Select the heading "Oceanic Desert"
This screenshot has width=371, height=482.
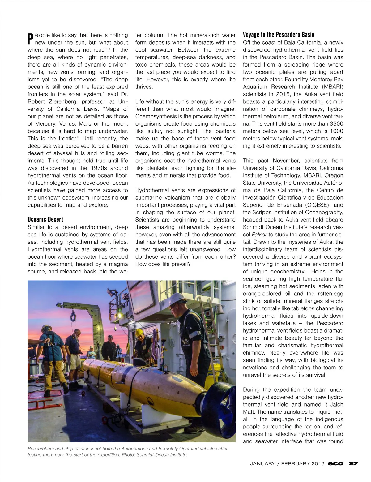coord(45,219)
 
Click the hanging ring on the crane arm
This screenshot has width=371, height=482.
coord(73,316)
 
